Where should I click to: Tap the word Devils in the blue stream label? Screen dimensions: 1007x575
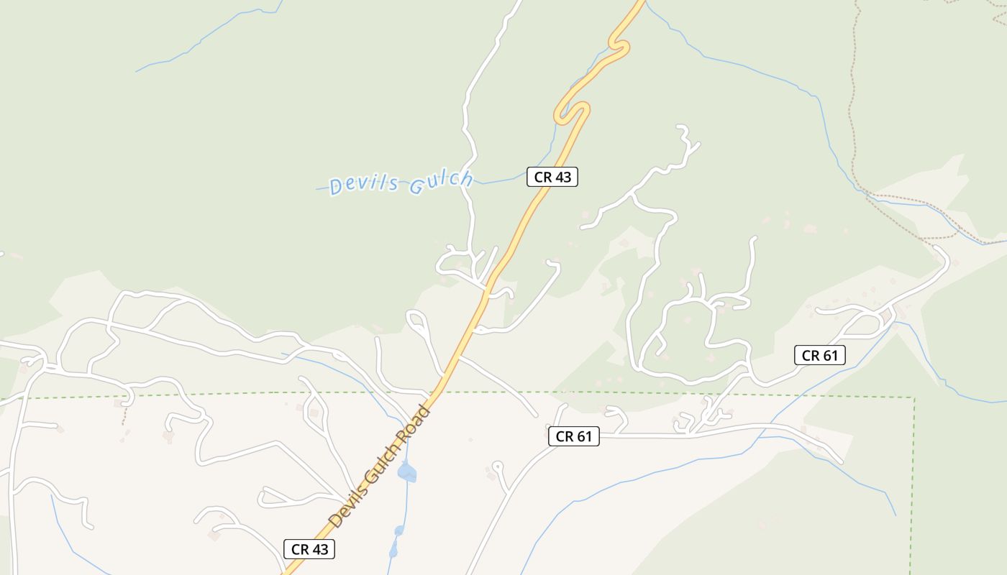[364, 185]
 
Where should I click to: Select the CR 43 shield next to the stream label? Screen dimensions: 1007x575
[552, 177]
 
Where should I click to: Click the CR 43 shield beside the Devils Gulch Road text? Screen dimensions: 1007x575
[309, 549]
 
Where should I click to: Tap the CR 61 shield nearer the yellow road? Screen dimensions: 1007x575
[573, 436]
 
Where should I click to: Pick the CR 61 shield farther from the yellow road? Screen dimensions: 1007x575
[819, 355]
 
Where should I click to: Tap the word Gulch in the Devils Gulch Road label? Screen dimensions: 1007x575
[382, 464]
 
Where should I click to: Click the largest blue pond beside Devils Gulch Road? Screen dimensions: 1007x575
[407, 472]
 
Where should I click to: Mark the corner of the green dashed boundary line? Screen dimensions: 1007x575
[914, 397]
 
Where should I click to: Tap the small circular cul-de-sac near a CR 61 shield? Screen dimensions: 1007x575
[497, 466]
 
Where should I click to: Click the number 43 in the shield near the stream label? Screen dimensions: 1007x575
[562, 177]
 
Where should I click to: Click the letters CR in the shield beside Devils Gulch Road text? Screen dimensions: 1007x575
[299, 549]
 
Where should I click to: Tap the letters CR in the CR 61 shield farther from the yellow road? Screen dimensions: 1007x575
[811, 355]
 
